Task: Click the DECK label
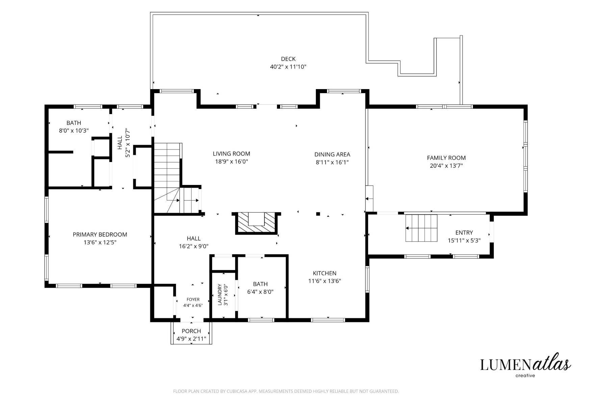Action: coord(288,59)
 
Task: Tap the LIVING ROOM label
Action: coord(231,154)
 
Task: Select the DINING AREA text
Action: coord(332,155)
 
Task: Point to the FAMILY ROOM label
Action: coord(446,158)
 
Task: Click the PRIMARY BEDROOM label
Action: coord(100,235)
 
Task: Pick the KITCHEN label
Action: coord(325,273)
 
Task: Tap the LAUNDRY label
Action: coord(220,295)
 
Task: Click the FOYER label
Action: coord(193,299)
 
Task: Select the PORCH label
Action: coord(191,331)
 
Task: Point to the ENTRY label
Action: coord(464,233)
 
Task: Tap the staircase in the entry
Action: coord(422,228)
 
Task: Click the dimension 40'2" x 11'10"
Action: coord(288,67)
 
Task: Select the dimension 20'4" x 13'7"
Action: coord(446,166)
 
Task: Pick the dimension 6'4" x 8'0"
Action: coord(260,292)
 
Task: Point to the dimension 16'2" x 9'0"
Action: coord(194,246)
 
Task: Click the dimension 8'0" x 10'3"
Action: coord(74,131)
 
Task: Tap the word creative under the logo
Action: coord(525,376)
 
